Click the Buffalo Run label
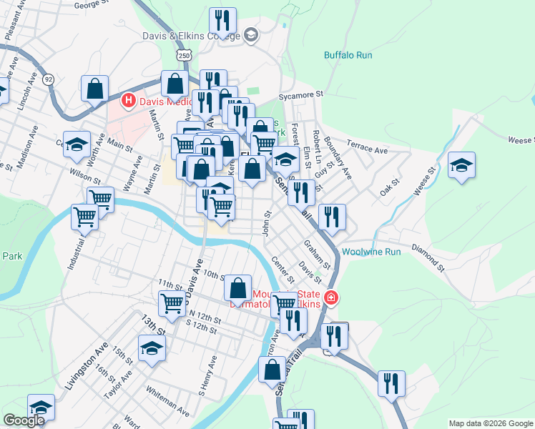[x=348, y=55]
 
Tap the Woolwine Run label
[x=371, y=252]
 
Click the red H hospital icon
[x=129, y=101]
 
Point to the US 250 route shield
[x=185, y=55]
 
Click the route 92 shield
[x=48, y=78]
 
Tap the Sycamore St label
[x=302, y=94]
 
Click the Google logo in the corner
[x=24, y=420]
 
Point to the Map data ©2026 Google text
[x=491, y=423]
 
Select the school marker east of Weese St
[x=462, y=165]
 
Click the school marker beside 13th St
[x=152, y=349]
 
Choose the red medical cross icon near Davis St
[x=330, y=297]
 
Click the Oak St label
[x=389, y=190]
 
